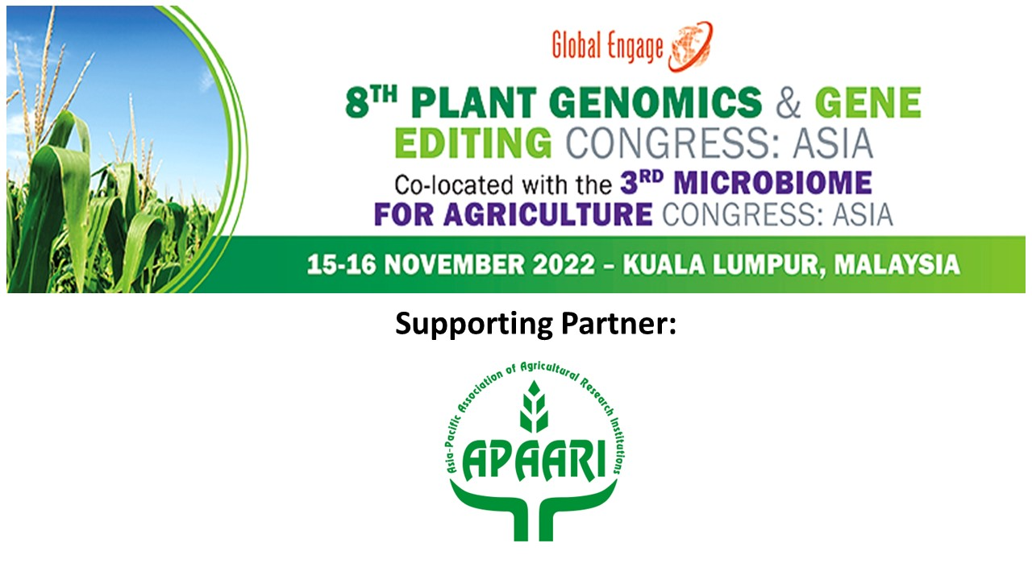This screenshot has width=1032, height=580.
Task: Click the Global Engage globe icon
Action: tap(691, 47)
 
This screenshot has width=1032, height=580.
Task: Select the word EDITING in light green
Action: tap(473, 143)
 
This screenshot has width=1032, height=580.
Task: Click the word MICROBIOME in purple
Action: tap(772, 183)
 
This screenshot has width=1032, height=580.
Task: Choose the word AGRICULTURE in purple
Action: tap(547, 214)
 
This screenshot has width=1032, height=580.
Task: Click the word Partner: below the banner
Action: tap(618, 323)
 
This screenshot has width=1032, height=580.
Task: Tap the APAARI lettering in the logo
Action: tap(534, 459)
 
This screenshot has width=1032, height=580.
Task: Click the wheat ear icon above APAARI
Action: tap(534, 406)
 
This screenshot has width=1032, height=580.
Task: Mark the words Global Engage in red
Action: tap(607, 47)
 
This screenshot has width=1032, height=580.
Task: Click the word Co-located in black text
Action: tap(454, 184)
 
